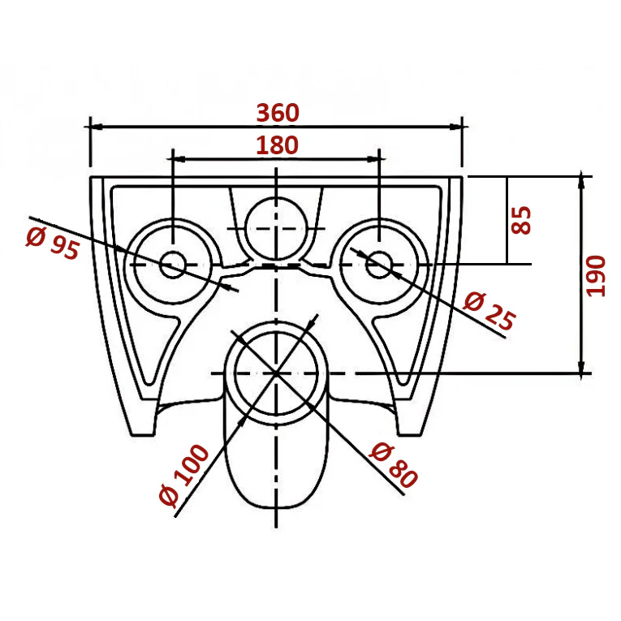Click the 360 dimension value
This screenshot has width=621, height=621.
278,113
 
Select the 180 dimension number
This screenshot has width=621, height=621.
277,145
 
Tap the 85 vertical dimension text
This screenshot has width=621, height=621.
520,220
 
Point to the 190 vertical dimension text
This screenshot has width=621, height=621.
595,276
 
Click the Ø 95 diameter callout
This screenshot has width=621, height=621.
53,244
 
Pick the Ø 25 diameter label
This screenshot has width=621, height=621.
489,311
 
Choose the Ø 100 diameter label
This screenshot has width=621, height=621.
183,475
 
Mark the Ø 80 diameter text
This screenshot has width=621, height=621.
393,465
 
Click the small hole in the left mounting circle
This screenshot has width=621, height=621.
173,265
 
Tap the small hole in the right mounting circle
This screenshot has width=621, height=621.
379,265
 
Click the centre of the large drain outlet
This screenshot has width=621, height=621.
276,373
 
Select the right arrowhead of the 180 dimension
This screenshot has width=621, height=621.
373,159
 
